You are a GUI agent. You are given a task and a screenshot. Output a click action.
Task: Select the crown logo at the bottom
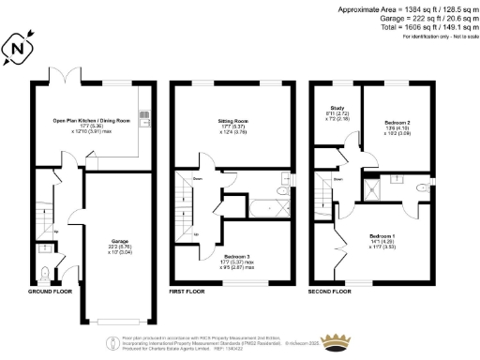[335, 339]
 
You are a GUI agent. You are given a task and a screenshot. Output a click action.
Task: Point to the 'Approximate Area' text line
[404, 8]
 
